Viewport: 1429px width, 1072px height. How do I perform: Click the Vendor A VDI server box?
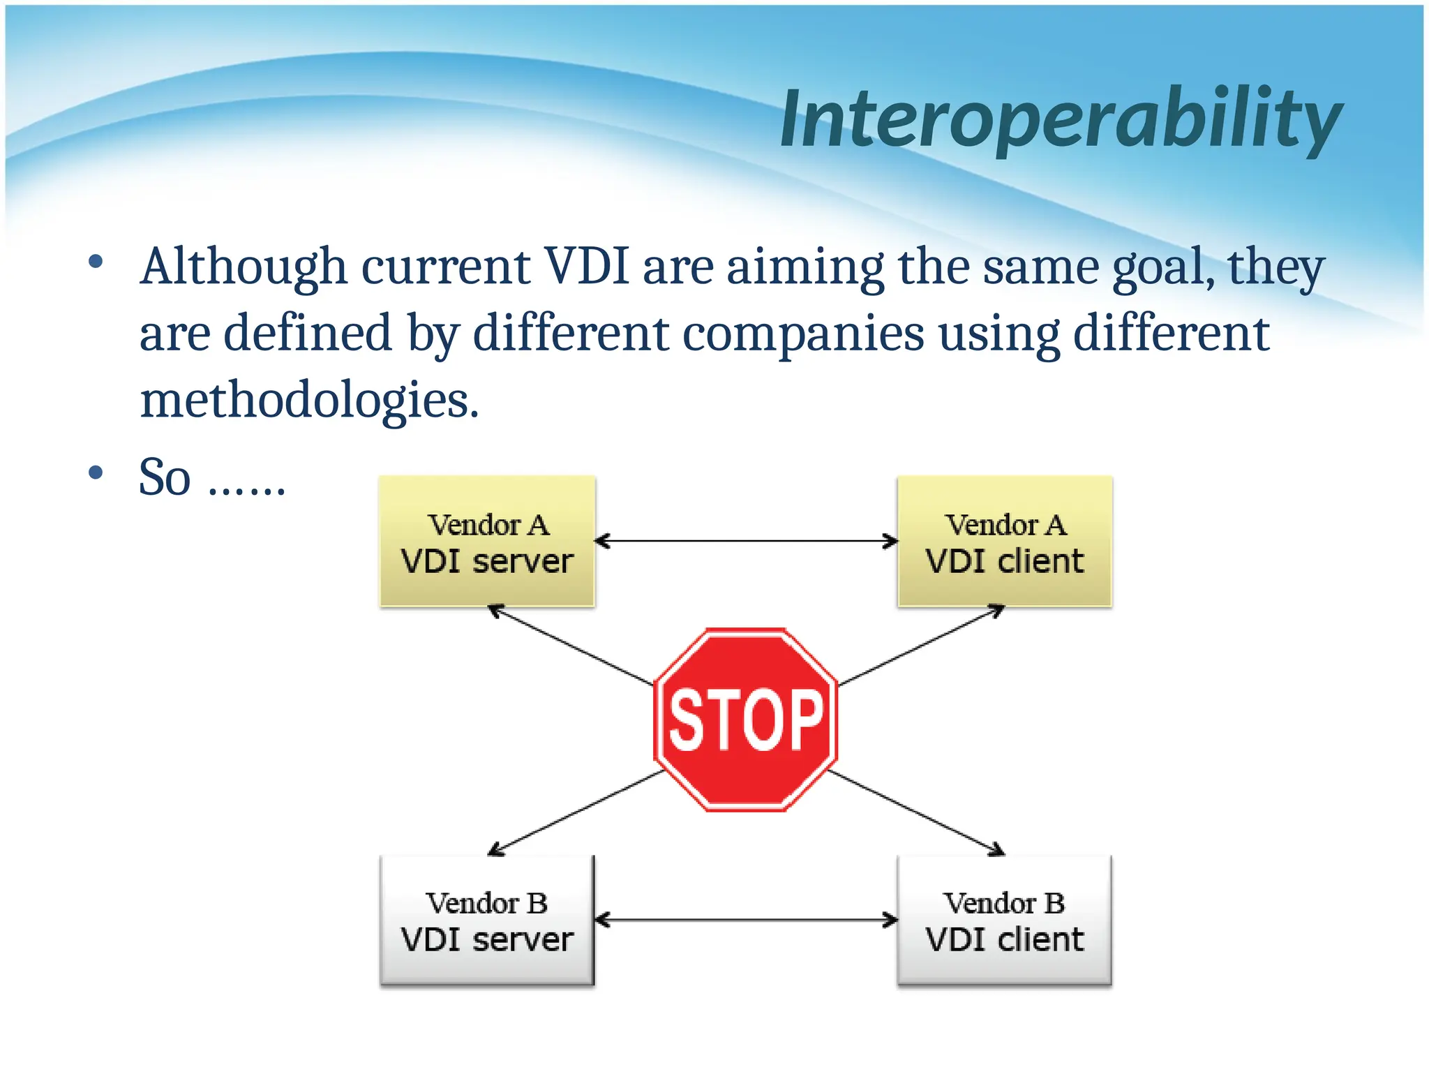[x=487, y=542]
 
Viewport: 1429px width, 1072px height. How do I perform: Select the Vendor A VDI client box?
[x=1004, y=542]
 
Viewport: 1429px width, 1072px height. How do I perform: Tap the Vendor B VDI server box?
[x=487, y=921]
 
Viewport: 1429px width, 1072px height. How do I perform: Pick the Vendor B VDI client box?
[x=1004, y=921]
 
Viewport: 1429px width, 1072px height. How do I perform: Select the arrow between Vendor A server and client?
[x=745, y=541]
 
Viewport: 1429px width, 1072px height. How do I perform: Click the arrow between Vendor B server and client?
[x=745, y=920]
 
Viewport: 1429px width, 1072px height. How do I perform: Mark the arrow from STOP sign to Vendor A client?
[x=921, y=646]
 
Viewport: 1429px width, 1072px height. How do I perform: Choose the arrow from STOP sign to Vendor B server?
[x=576, y=813]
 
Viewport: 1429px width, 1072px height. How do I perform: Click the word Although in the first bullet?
[x=244, y=267]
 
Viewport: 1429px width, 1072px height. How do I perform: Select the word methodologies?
[x=309, y=401]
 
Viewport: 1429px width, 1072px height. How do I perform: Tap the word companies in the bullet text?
[x=802, y=334]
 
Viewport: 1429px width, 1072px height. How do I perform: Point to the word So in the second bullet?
[x=165, y=477]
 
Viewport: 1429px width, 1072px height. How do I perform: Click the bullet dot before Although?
[x=96, y=263]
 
